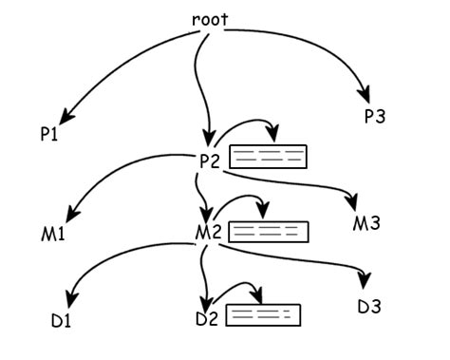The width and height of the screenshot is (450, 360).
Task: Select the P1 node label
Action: pos(50,135)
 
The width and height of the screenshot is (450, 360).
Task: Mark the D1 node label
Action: pos(62,319)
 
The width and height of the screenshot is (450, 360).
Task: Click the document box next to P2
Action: pos(270,157)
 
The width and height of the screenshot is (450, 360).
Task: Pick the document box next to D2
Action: pos(263,314)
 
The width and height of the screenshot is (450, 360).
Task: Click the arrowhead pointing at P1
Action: pos(63,117)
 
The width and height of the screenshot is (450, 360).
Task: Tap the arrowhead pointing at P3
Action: pos(364,95)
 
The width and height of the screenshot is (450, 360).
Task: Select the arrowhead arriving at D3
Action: pos(363,283)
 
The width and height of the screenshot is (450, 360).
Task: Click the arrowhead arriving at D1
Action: pos(71,297)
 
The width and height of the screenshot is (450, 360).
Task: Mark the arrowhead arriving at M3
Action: pos(352,204)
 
